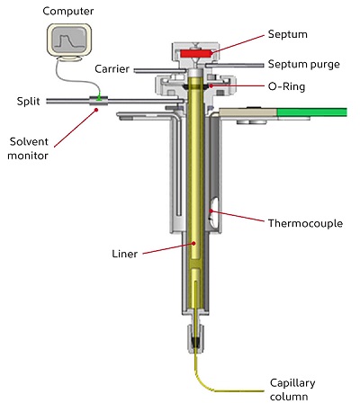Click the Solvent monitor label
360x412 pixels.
(x=30, y=148)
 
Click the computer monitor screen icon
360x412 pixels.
(x=70, y=40)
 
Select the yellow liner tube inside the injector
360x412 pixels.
(x=196, y=180)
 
